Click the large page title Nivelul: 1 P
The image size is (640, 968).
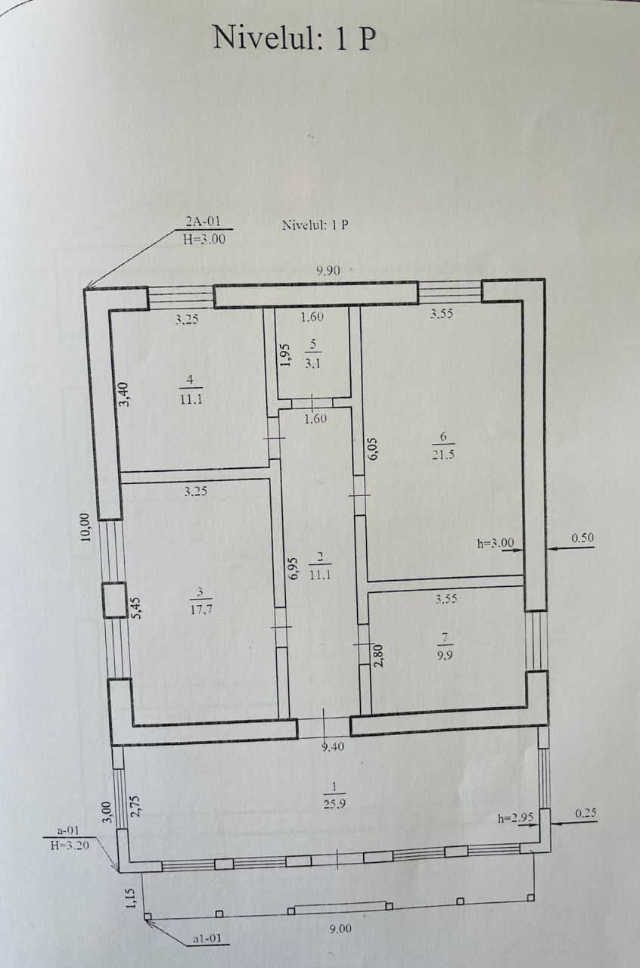pos(294,38)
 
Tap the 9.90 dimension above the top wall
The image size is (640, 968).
pos(328,271)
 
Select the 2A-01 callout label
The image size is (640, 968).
pos(203,222)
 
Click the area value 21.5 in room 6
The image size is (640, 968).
pos(443,455)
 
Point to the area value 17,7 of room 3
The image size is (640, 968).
pos(201,610)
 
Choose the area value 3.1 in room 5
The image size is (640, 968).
pos(312,364)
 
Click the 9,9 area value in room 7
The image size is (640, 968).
pos(445,656)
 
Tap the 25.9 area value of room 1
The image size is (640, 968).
pos(334,804)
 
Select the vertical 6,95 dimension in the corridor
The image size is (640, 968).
pos(294,568)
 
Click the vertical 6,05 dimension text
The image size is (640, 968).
pos(374,449)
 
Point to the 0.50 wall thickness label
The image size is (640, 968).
pos(583,538)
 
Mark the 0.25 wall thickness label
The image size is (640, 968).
pos(586,813)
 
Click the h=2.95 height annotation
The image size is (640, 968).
pos(515,818)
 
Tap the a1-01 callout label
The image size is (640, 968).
pos(208,939)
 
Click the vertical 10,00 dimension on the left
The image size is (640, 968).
pos(85,527)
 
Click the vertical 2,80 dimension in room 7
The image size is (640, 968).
pos(378,656)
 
